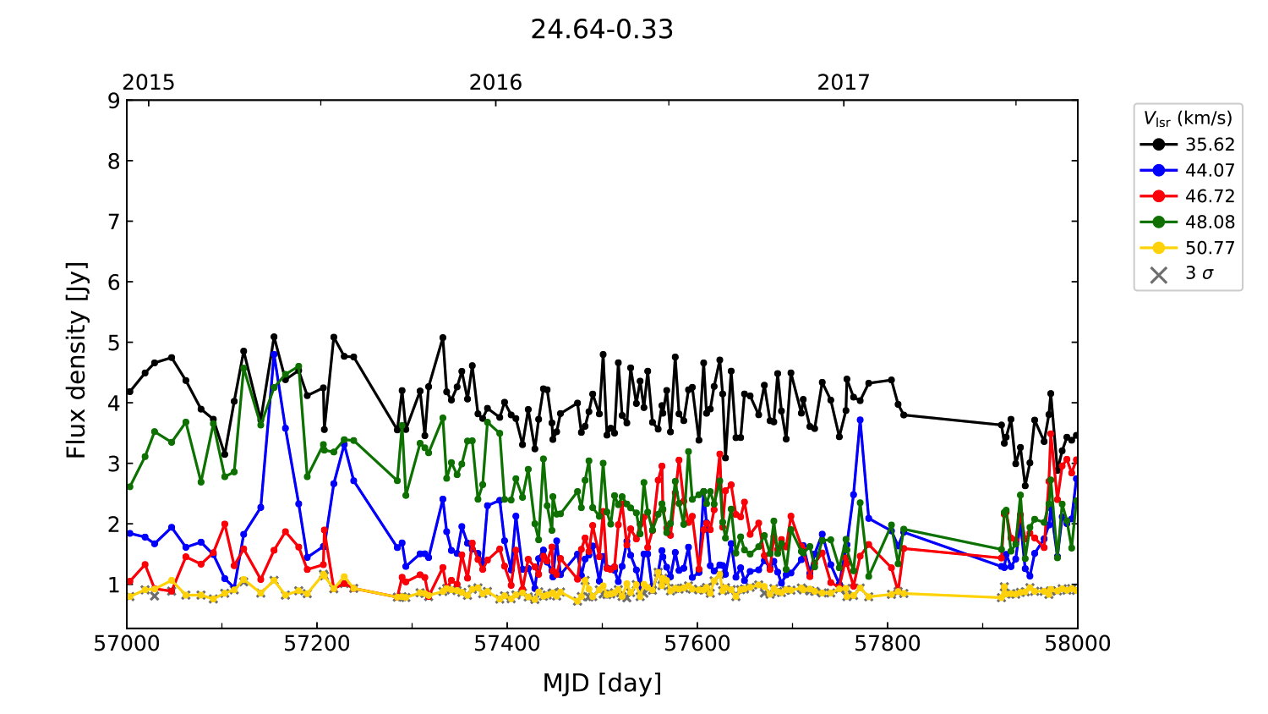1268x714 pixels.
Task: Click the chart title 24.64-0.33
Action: (602, 30)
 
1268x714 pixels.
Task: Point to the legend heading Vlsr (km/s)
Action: (1188, 118)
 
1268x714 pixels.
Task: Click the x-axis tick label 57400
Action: (507, 644)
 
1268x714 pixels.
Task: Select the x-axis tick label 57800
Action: (888, 644)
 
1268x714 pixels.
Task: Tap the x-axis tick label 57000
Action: (127, 644)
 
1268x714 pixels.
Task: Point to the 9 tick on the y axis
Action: (113, 101)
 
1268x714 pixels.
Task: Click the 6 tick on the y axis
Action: (113, 283)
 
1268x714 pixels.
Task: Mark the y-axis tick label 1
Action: (113, 585)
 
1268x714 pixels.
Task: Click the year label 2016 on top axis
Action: (495, 82)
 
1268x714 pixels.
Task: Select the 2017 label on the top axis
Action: (843, 82)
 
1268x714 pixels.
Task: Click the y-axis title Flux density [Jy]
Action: (77, 360)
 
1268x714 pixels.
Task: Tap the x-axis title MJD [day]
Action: (602, 683)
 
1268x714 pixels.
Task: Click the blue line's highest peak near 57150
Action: (274, 354)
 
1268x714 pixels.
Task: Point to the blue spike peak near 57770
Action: (860, 420)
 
